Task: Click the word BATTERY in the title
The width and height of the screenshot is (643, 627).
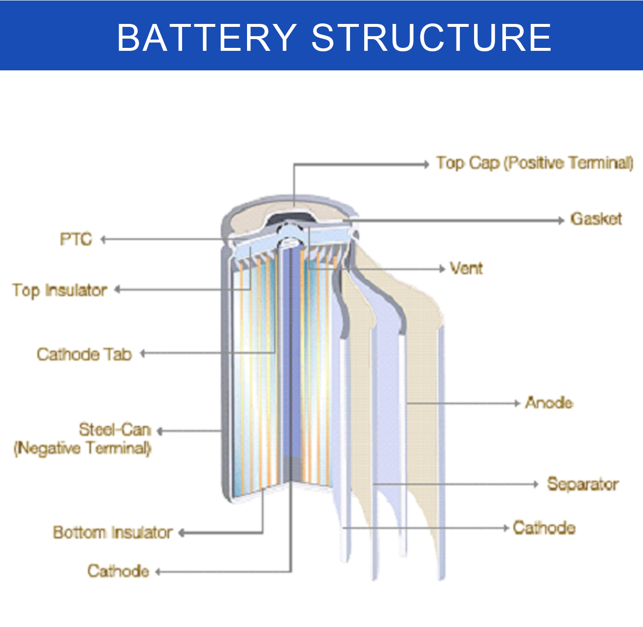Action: point(207,37)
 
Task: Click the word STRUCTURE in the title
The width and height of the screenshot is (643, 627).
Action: point(432,37)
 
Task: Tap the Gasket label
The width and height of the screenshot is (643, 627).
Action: point(596,219)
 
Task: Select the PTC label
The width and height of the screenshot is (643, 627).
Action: point(76,239)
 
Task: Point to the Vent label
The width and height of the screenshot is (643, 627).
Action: point(466,268)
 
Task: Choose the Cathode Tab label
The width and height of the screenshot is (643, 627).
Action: point(84,354)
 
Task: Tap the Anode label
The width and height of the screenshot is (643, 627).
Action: point(549,403)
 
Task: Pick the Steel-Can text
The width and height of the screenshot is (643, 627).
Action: point(115,430)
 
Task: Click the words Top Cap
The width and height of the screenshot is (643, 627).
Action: point(468,163)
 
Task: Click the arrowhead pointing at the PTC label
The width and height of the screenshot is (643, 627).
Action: point(103,239)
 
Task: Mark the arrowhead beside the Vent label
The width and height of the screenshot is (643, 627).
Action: point(442,269)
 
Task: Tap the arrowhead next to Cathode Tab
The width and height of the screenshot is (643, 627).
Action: point(143,353)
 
